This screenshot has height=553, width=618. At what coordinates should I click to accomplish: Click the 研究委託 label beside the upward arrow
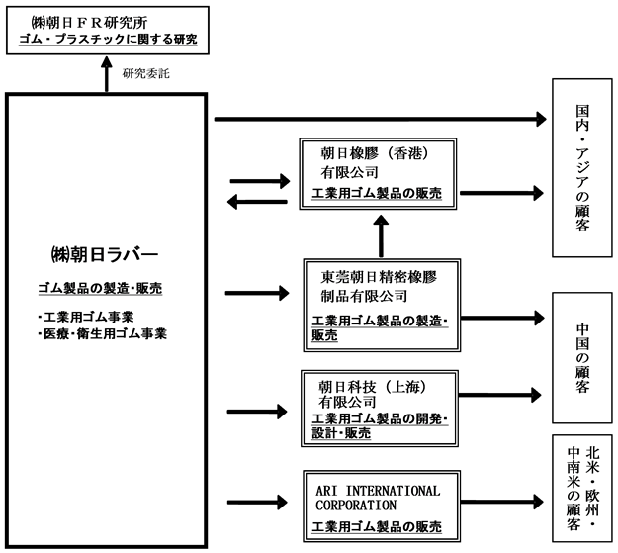tap(145, 73)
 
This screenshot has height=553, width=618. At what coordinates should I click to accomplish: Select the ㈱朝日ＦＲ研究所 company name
tap(89, 23)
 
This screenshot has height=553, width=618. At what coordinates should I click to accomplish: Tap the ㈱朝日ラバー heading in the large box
tap(105, 255)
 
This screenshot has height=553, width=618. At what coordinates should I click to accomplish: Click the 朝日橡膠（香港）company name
tap(375, 153)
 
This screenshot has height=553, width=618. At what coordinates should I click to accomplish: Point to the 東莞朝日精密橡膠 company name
tap(379, 277)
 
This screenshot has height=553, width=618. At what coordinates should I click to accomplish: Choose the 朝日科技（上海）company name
tap(373, 387)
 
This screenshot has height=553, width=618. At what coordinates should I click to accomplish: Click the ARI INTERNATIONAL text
tap(378, 491)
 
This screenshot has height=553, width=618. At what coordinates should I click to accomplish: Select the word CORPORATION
tap(356, 506)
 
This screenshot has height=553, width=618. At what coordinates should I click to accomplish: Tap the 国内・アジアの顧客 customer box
tap(582, 167)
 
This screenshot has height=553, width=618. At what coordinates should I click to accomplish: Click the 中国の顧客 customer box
tap(582, 358)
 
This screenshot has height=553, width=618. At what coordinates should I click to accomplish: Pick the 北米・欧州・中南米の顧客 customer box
tap(582, 489)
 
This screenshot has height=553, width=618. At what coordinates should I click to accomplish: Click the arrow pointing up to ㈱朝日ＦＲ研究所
tap(107, 74)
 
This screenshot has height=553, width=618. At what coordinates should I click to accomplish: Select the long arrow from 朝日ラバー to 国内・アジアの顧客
tap(381, 119)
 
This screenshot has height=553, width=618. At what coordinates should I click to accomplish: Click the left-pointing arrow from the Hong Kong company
tap(257, 202)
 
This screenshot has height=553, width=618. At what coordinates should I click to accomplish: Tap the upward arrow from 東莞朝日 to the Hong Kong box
tap(381, 235)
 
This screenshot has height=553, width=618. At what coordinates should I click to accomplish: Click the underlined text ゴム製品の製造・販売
tap(100, 288)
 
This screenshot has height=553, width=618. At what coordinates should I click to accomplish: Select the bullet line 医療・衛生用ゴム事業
tap(103, 333)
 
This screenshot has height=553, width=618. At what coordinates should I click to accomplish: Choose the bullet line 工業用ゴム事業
tap(86, 317)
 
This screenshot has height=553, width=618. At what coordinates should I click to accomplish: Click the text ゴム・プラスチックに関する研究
tap(108, 39)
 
